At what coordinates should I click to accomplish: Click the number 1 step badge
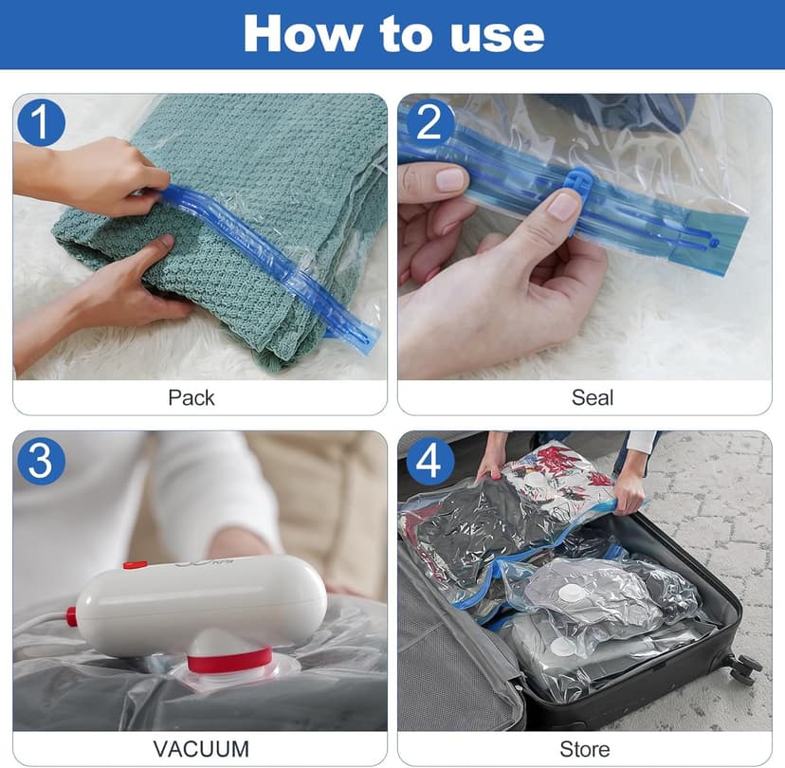(x=41, y=123)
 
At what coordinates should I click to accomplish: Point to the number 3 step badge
(x=41, y=461)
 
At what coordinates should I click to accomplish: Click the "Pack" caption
(x=192, y=397)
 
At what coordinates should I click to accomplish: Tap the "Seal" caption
(x=593, y=397)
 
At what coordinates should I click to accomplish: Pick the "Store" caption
(x=584, y=749)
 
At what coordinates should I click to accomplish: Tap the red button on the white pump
(x=135, y=566)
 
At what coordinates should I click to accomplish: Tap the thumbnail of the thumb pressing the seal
(x=563, y=205)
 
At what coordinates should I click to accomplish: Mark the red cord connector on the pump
(x=71, y=616)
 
